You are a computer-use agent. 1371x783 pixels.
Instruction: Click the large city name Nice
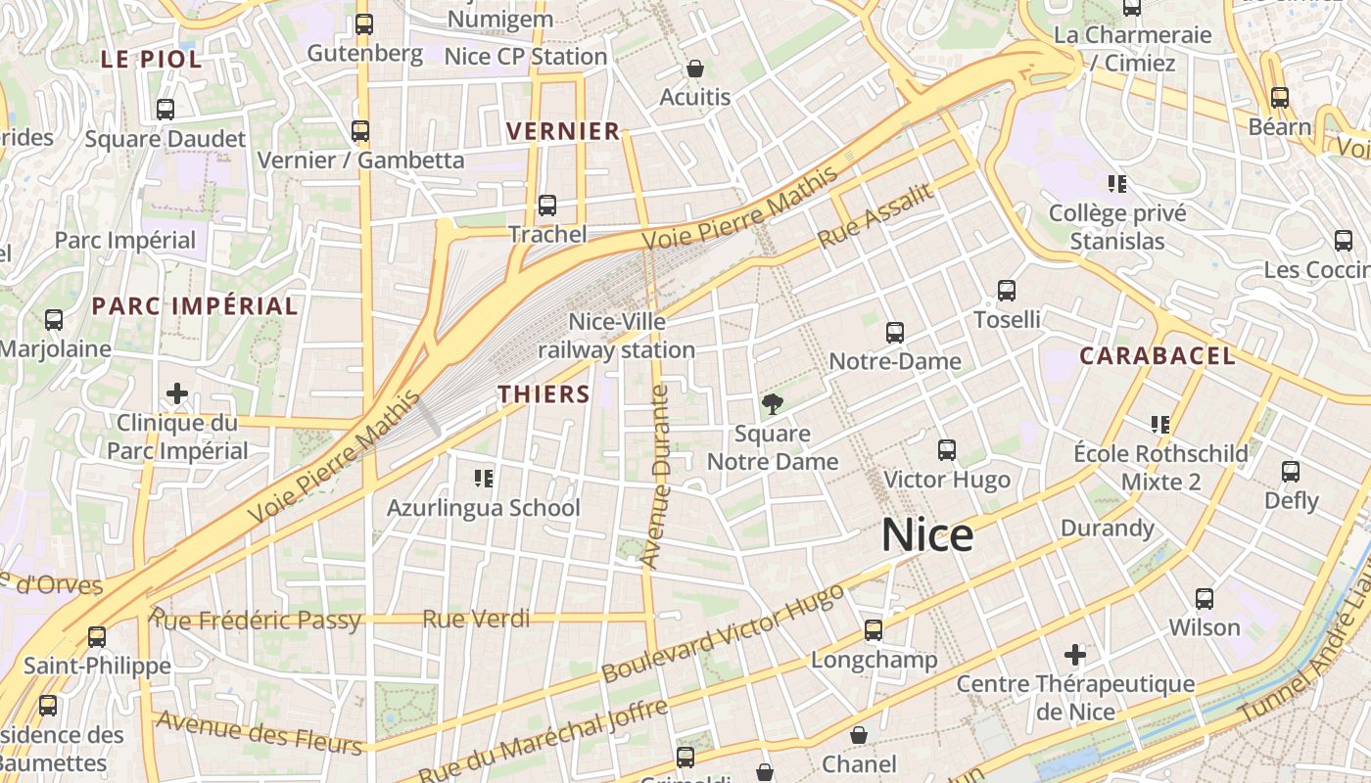pyautogui.click(x=926, y=535)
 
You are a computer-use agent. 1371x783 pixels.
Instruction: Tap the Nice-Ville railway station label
pyautogui.click(x=617, y=336)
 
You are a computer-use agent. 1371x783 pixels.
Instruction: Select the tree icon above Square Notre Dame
pyautogui.click(x=773, y=403)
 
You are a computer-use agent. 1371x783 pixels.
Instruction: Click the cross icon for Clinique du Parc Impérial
pyautogui.click(x=177, y=393)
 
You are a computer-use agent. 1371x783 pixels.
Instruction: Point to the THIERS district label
pyautogui.click(x=544, y=394)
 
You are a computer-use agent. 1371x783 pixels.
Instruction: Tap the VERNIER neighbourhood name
pyautogui.click(x=563, y=131)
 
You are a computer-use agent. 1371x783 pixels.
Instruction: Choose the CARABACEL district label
pyautogui.click(x=1157, y=356)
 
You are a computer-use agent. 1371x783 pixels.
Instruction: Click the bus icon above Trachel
pyautogui.click(x=547, y=206)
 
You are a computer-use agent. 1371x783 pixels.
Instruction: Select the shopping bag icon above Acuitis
pyautogui.click(x=695, y=69)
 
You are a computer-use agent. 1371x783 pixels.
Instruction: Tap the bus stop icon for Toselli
pyautogui.click(x=1007, y=291)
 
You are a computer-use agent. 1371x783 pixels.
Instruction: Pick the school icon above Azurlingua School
pyautogui.click(x=483, y=479)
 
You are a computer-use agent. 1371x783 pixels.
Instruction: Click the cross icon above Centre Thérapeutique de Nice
pyautogui.click(x=1075, y=654)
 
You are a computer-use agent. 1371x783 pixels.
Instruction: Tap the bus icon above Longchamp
pyautogui.click(x=874, y=630)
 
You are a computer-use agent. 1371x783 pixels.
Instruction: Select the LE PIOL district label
pyautogui.click(x=151, y=59)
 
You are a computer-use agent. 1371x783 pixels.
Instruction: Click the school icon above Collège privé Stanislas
pyautogui.click(x=1117, y=184)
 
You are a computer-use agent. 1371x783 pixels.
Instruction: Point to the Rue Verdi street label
pyautogui.click(x=476, y=619)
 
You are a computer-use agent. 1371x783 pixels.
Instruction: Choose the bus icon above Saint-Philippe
pyautogui.click(x=97, y=637)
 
